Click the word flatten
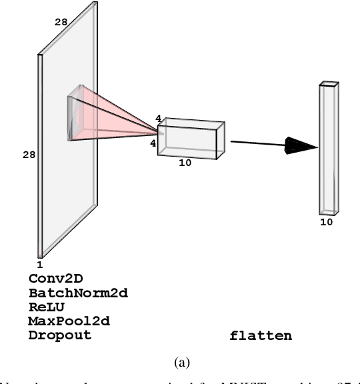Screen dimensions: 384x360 [x=261, y=335]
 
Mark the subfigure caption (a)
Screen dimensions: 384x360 [x=181, y=362]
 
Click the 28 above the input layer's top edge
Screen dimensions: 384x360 [x=61, y=23]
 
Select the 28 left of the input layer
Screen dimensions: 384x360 [x=29, y=155]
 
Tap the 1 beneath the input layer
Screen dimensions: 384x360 [x=39, y=265]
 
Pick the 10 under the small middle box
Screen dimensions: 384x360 [x=185, y=163]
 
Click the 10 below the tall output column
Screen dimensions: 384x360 [x=326, y=222]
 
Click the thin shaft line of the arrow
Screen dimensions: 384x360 [x=257, y=142]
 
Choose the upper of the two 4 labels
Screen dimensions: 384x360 [x=158, y=119]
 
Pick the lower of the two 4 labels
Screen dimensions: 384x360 [x=153, y=143]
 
